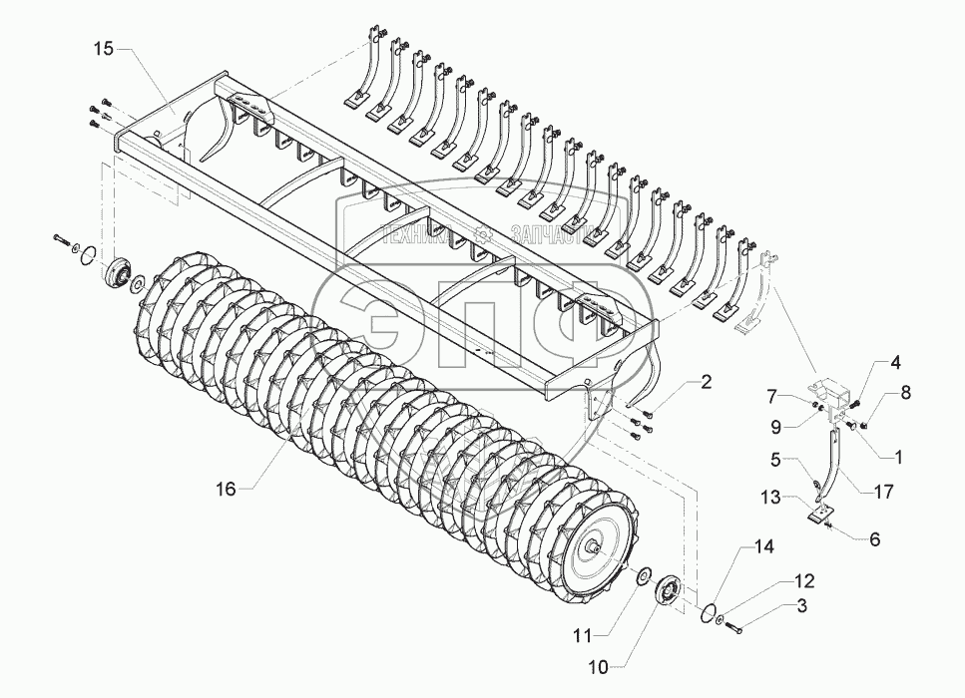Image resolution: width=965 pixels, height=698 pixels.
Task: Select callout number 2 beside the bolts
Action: point(707,381)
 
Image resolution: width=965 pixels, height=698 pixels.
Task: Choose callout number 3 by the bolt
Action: point(800,605)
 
